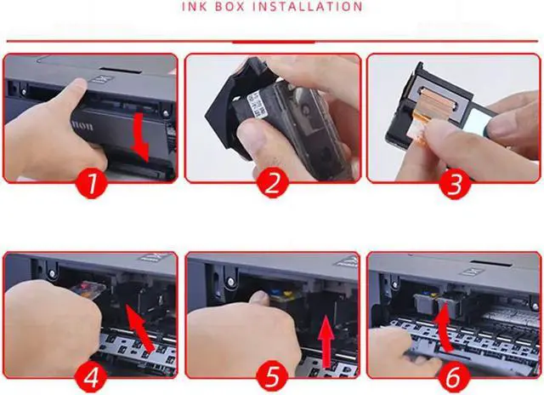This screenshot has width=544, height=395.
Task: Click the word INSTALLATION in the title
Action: click(312, 6)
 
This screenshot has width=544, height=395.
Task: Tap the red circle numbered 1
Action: click(92, 183)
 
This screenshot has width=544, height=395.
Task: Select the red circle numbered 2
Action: click(273, 183)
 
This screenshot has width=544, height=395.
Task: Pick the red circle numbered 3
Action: click(456, 183)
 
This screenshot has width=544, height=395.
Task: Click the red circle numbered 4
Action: click(91, 376)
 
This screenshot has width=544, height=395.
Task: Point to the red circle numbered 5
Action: click(273, 376)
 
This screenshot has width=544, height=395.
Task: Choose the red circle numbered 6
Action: click(454, 376)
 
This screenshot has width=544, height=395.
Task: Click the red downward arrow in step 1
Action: click(140, 136)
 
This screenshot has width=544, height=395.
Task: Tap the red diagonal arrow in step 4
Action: click(139, 328)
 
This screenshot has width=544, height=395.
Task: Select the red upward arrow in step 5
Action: click(326, 341)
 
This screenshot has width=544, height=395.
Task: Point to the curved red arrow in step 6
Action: click(444, 329)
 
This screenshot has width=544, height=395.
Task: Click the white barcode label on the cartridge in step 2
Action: click(258, 103)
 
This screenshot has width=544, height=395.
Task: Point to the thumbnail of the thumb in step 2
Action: click(252, 133)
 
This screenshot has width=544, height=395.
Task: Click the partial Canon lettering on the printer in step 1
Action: click(82, 125)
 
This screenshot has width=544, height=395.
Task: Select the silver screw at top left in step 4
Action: click(52, 274)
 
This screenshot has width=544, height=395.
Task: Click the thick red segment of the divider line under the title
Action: click(274, 42)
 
